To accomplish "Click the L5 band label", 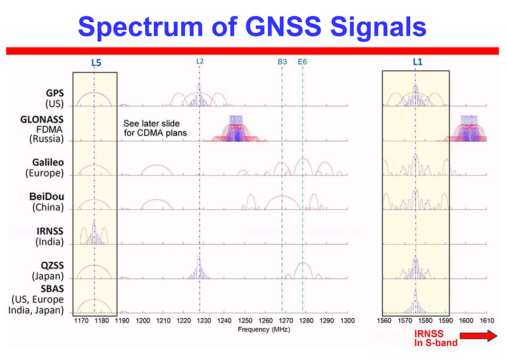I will pos(96,62).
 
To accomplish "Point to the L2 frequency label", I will pos(200,61).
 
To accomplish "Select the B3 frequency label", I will pos(282,62).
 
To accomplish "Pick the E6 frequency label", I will pos(302,62).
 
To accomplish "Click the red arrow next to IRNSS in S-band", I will pos(478,336).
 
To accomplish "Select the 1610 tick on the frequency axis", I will pos(486,321).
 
